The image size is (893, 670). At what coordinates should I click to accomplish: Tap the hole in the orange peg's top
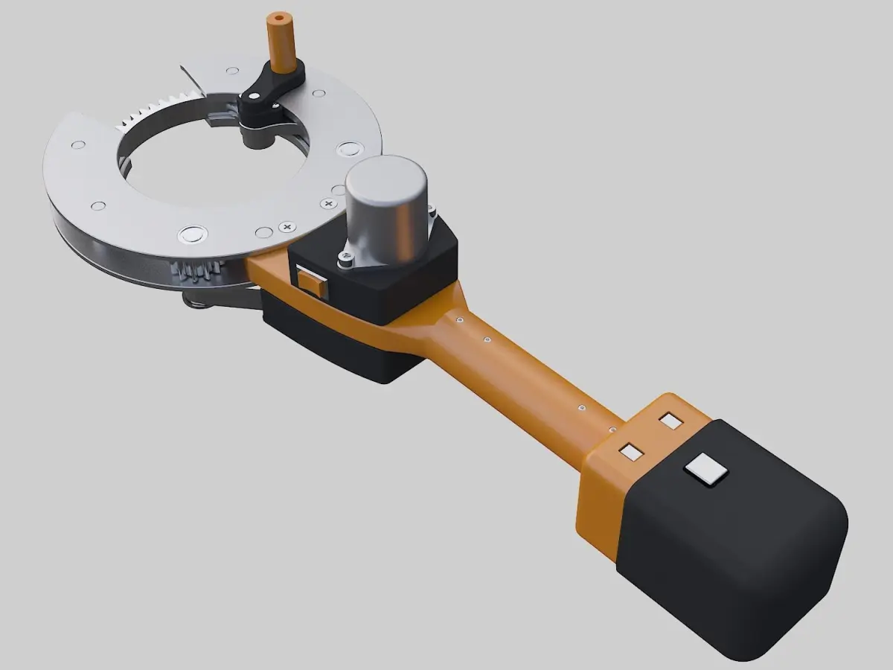pos(280,16)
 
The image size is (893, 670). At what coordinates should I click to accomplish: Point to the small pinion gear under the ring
pos(195,272)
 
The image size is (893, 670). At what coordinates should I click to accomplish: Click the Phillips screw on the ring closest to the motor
pos(329,202)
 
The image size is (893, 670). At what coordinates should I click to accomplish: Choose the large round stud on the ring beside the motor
pos(348,148)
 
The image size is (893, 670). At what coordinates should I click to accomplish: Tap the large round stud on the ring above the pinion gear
pos(192,235)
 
